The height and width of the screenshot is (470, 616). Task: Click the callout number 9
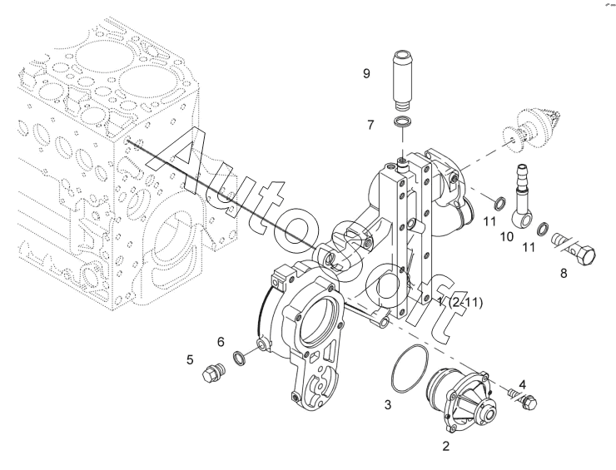coord(366,73)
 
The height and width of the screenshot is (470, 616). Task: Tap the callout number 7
coord(371,125)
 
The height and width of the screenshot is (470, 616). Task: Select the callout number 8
coord(564,274)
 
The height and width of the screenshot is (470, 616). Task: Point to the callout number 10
coord(507,237)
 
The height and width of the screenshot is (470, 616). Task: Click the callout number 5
coord(190,359)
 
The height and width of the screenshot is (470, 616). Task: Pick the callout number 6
coord(221,342)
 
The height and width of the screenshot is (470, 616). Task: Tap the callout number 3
coord(388,404)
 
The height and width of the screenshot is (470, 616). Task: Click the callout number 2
coord(445,446)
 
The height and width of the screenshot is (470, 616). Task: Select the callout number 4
coord(522,384)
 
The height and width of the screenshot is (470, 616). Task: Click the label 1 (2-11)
coord(460,302)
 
